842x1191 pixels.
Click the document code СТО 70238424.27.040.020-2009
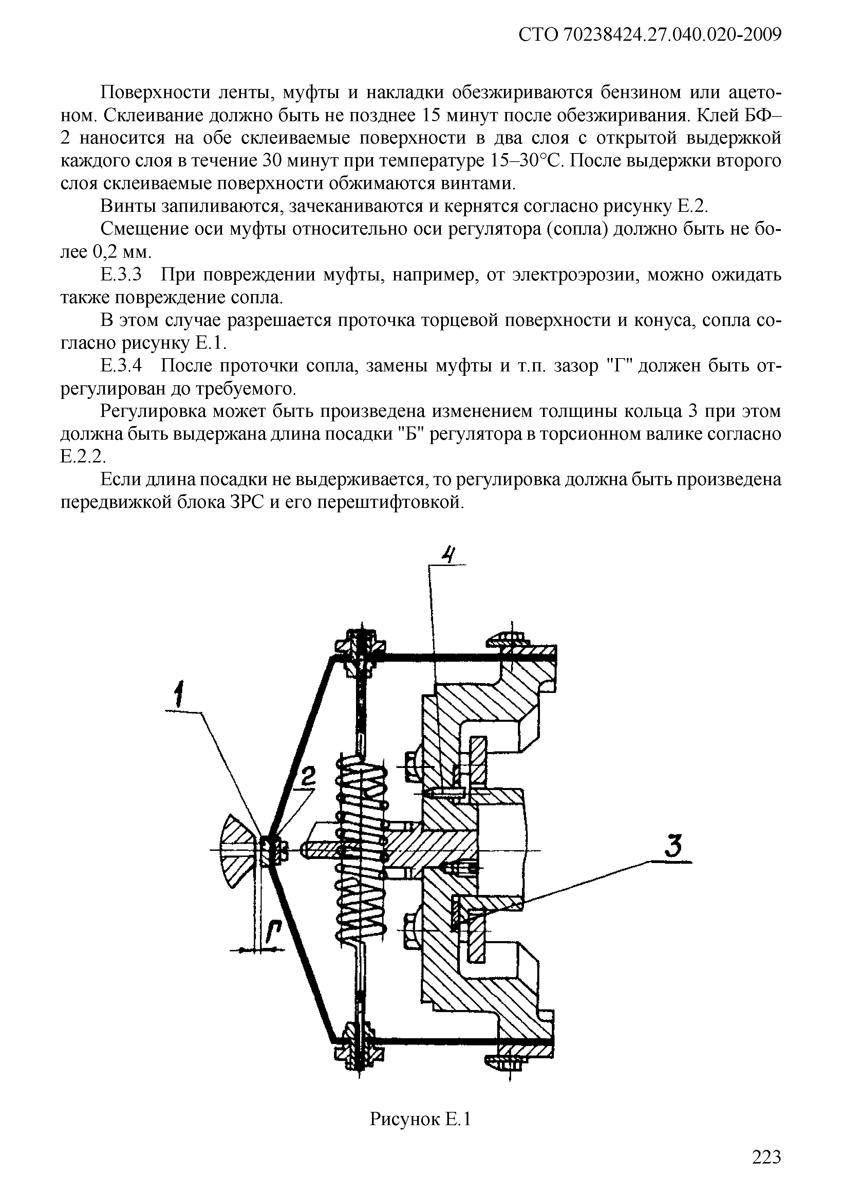tap(650, 35)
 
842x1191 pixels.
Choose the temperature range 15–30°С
tap(525, 161)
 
